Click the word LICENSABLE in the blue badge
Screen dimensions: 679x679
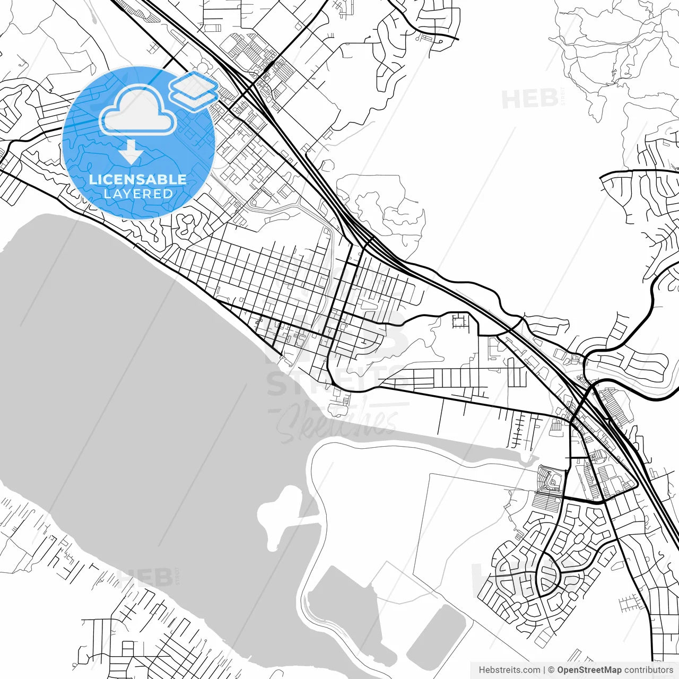point(138,179)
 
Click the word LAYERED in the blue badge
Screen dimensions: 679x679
point(138,194)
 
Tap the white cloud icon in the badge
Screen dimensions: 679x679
point(138,110)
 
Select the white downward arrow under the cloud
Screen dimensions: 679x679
point(130,152)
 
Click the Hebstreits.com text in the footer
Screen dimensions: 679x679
point(509,670)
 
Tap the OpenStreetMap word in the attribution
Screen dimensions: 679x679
point(589,670)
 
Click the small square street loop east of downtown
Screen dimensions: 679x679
point(460,320)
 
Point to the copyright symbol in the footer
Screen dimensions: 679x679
point(551,670)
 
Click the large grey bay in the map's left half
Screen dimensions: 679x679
point(133,371)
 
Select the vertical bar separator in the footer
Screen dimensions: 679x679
point(544,670)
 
